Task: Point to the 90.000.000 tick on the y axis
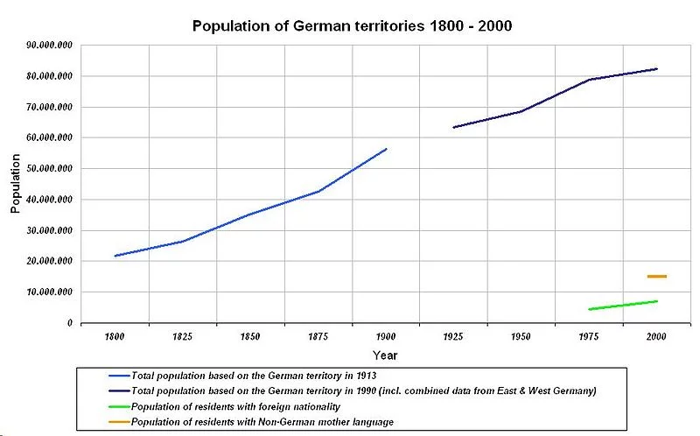49,46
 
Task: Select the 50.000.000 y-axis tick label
49,169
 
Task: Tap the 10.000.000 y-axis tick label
49,292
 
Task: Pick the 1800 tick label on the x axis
115,337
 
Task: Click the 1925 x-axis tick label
453,337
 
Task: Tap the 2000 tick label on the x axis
656,337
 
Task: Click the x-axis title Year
385,355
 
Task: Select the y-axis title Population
16,184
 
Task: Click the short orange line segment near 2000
656,277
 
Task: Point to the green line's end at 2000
656,301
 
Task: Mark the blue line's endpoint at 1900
386,149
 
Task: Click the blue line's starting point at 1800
115,256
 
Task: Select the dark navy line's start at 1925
453,128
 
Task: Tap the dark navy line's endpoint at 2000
656,68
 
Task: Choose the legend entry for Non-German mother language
261,422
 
